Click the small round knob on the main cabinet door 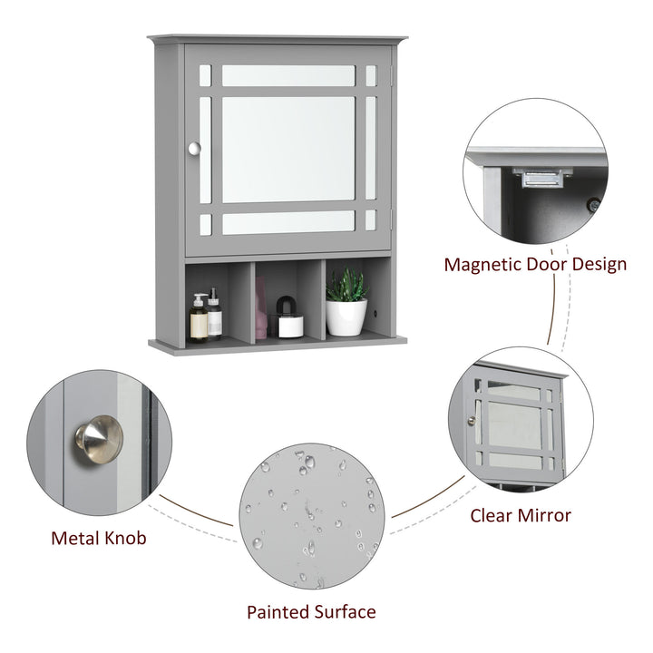(193, 148)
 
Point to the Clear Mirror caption (520, 515)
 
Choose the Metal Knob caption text (98, 538)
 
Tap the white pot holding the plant (346, 317)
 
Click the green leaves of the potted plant (346, 285)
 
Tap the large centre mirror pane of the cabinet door (288, 149)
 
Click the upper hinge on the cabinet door (391, 78)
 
